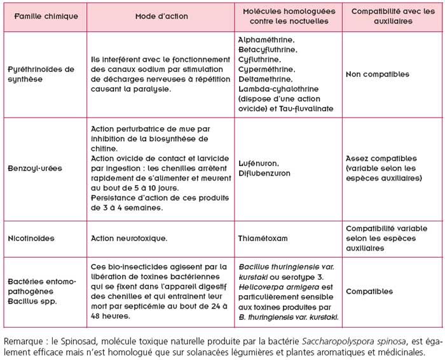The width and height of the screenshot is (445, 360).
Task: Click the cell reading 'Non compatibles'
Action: click(378, 74)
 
